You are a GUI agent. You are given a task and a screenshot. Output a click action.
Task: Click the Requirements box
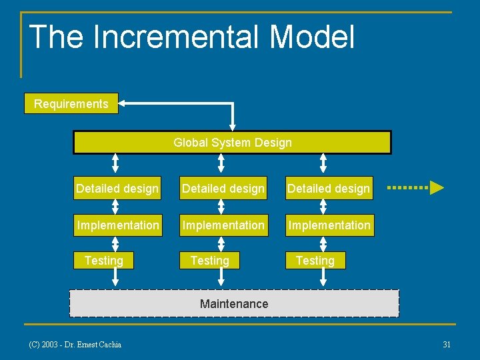point(71,104)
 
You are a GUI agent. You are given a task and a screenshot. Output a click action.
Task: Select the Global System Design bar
point(232,143)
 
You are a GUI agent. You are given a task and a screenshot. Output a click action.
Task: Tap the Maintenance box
point(234,304)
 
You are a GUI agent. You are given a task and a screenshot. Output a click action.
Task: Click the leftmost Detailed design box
point(117,189)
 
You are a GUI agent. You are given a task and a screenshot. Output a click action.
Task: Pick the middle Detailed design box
point(223,189)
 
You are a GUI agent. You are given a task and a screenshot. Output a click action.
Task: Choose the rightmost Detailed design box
point(329,189)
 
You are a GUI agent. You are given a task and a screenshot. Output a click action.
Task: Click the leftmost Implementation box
point(118,225)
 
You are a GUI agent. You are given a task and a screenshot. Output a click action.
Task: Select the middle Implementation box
point(223,225)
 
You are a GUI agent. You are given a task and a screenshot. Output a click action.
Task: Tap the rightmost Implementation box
point(329,225)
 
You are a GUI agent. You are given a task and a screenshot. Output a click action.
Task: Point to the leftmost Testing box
point(104,261)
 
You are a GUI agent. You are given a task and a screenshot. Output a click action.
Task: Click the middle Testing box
point(209,261)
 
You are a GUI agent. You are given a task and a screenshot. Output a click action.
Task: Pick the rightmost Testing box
point(315,261)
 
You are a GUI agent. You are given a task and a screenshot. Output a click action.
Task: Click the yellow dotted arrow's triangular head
point(437,187)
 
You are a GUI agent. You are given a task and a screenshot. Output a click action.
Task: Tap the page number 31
point(447,345)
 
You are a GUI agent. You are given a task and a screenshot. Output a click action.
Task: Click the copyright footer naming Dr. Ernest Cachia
point(75,345)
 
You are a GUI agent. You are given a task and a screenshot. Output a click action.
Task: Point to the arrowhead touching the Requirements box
point(124,103)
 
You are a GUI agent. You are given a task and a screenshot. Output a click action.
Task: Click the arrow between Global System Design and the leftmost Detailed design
point(115,163)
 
